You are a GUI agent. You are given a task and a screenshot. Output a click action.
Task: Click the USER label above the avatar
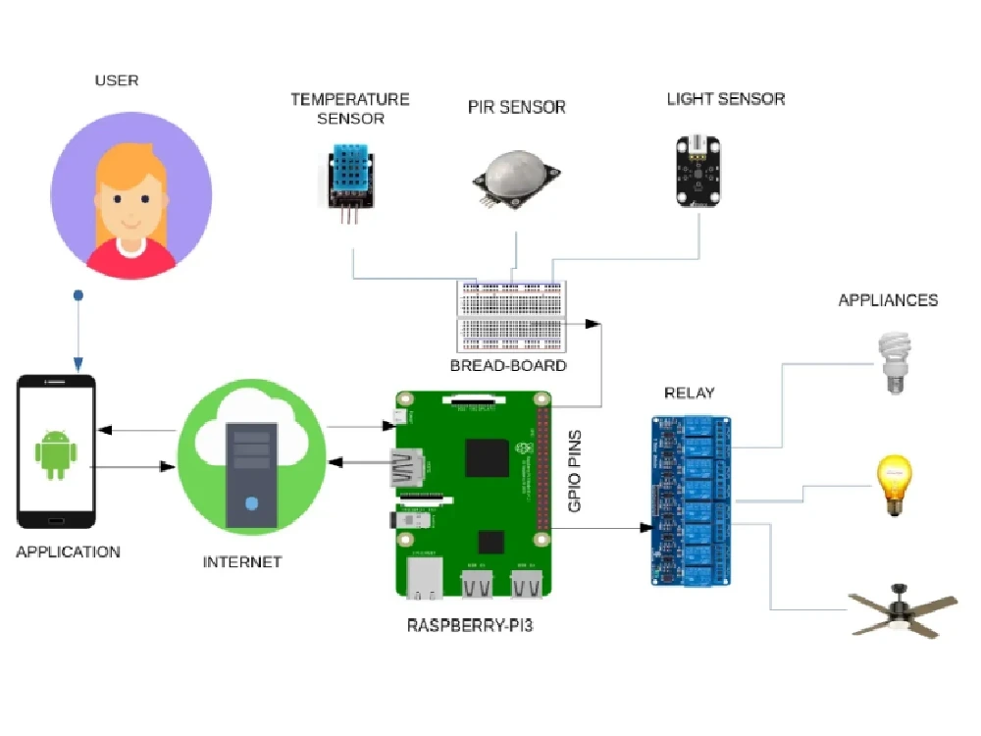tap(116, 79)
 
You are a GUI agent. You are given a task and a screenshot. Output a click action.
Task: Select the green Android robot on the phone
tap(55, 453)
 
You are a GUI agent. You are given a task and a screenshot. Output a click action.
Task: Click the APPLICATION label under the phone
tap(68, 552)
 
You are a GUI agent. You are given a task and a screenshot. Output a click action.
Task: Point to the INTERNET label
tap(241, 562)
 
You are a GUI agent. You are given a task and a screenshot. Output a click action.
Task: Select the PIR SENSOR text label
tap(516, 107)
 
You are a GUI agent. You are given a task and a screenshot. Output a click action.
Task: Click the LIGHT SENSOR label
tap(725, 99)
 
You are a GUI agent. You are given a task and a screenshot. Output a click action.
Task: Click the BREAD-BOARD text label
tap(508, 366)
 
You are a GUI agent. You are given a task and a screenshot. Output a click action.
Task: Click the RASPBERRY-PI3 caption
tap(470, 625)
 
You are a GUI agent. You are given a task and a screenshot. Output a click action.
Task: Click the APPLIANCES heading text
tap(887, 300)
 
